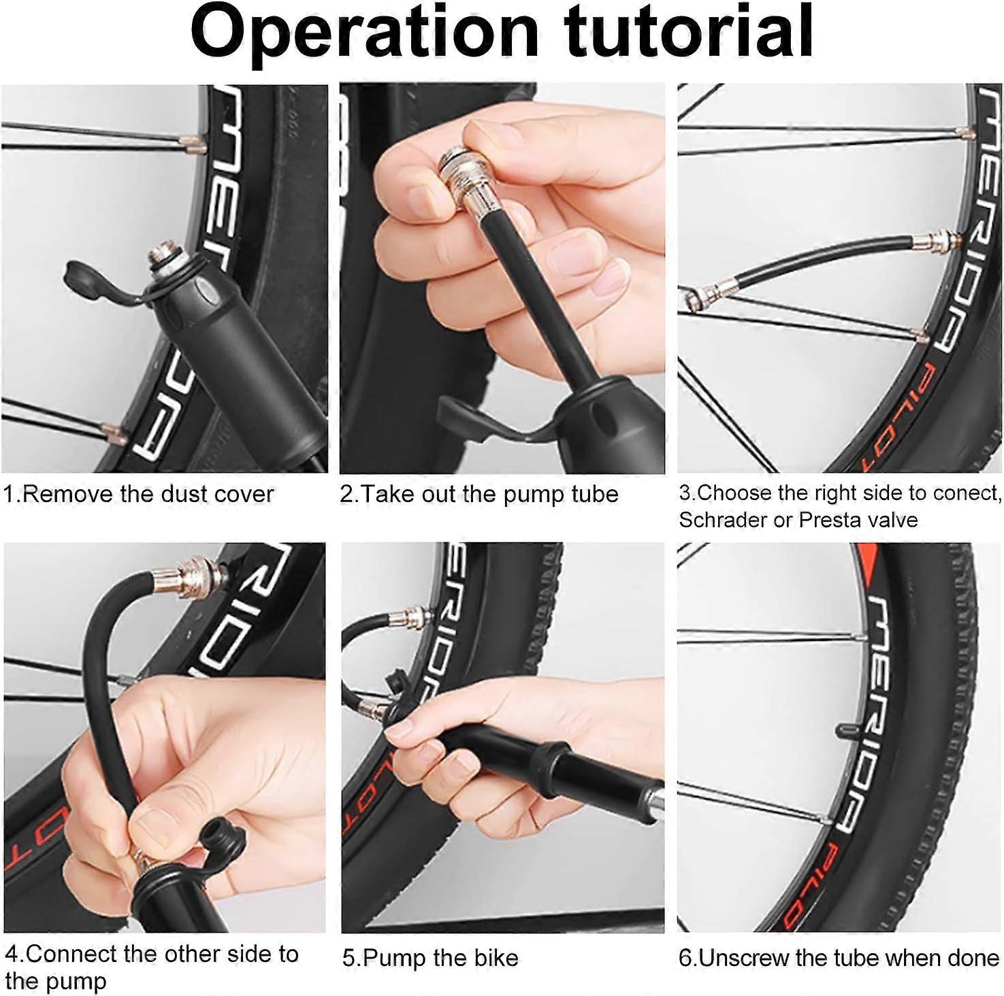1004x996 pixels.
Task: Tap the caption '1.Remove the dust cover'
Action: click(x=138, y=493)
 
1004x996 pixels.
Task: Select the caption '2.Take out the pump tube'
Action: click(x=479, y=494)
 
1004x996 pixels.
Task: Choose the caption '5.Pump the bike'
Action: click(x=430, y=959)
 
